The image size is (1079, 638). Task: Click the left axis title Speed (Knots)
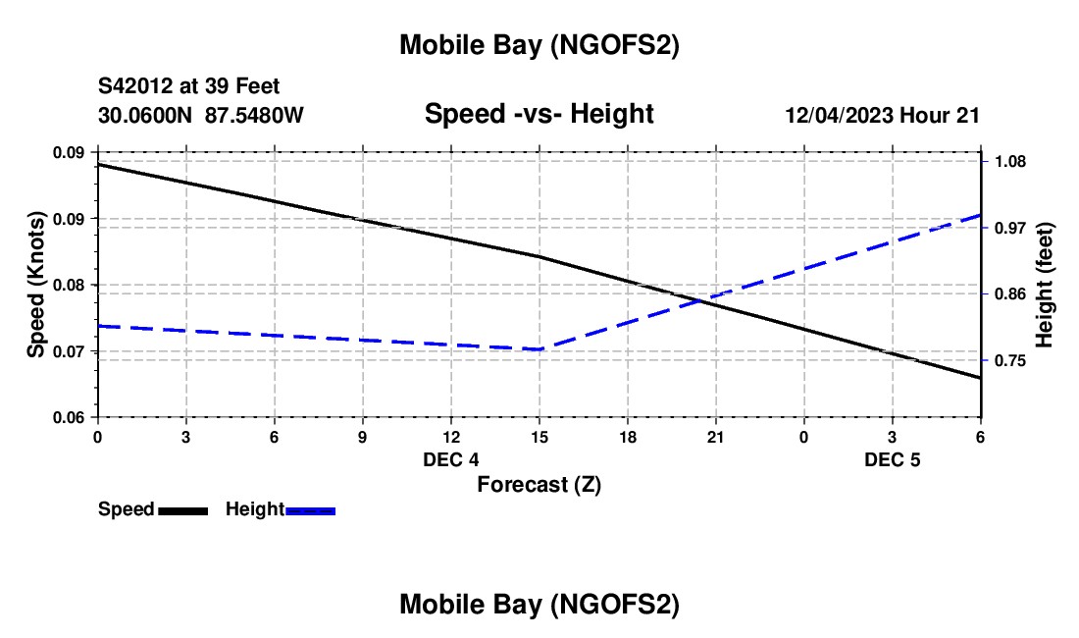coord(36,285)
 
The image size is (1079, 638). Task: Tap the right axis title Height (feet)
coord(1044,285)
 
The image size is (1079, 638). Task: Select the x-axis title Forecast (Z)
coord(539,484)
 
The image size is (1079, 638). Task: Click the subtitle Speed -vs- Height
coord(539,114)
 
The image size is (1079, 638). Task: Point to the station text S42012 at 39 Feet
coord(189,87)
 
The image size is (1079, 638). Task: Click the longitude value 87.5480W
coord(254,116)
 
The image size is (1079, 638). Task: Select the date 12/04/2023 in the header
coord(840,116)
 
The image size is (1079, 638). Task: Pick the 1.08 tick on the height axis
coord(1011,161)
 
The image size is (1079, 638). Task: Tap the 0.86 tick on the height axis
coord(1011,294)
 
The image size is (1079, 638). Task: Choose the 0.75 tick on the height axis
coord(1011,361)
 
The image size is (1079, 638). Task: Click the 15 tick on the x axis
coord(539,436)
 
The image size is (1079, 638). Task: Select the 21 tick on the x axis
coord(715,436)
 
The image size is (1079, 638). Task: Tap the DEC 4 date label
coord(451,459)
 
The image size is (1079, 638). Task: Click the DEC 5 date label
coord(892,459)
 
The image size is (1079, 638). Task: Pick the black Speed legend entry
coord(152,509)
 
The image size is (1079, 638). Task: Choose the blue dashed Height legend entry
coord(281,509)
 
